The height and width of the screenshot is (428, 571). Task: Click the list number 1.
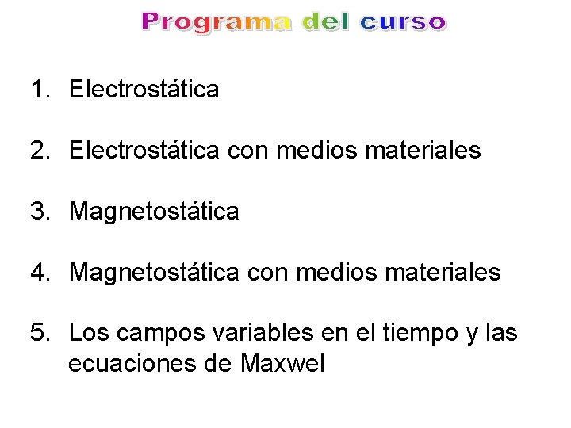pyautogui.click(x=39, y=89)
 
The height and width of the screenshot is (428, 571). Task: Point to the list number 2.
pyautogui.click(x=39, y=150)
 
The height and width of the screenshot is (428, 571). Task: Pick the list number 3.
pyautogui.click(x=39, y=211)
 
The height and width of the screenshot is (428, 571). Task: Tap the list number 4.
pyautogui.click(x=39, y=273)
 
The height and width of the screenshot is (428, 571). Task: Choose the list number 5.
pyautogui.click(x=39, y=334)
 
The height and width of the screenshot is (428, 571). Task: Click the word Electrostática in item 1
pyautogui.click(x=144, y=89)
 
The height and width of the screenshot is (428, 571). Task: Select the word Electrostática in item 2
pyautogui.click(x=144, y=150)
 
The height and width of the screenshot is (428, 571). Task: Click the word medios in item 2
pyautogui.click(x=315, y=150)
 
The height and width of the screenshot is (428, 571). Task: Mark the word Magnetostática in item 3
pyautogui.click(x=154, y=211)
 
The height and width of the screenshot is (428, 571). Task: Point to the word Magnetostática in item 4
pyautogui.click(x=154, y=273)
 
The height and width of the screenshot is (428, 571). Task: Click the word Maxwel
pyautogui.click(x=283, y=365)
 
